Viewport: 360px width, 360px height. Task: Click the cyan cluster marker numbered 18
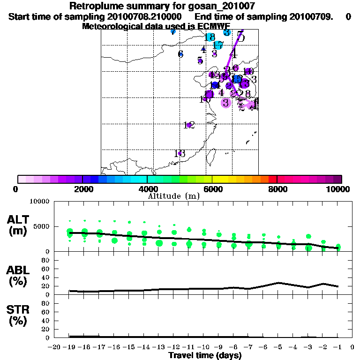tap(210, 37)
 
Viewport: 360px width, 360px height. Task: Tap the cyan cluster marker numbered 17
tap(218, 45)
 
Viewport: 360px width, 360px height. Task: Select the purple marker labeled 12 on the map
tap(188, 125)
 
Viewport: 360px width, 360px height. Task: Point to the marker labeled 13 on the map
tap(180, 153)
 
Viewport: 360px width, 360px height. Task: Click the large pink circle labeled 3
tap(226, 103)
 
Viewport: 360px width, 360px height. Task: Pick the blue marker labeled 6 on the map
tap(180, 54)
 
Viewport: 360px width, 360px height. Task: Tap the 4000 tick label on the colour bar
tap(147, 189)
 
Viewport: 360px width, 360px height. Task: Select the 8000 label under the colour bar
tap(277, 189)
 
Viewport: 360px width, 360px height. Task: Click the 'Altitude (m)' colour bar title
tap(173, 196)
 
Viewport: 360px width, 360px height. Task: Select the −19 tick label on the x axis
tap(69, 347)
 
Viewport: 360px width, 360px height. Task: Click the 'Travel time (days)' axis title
tap(205, 355)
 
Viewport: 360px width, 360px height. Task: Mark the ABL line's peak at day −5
tap(278, 283)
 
